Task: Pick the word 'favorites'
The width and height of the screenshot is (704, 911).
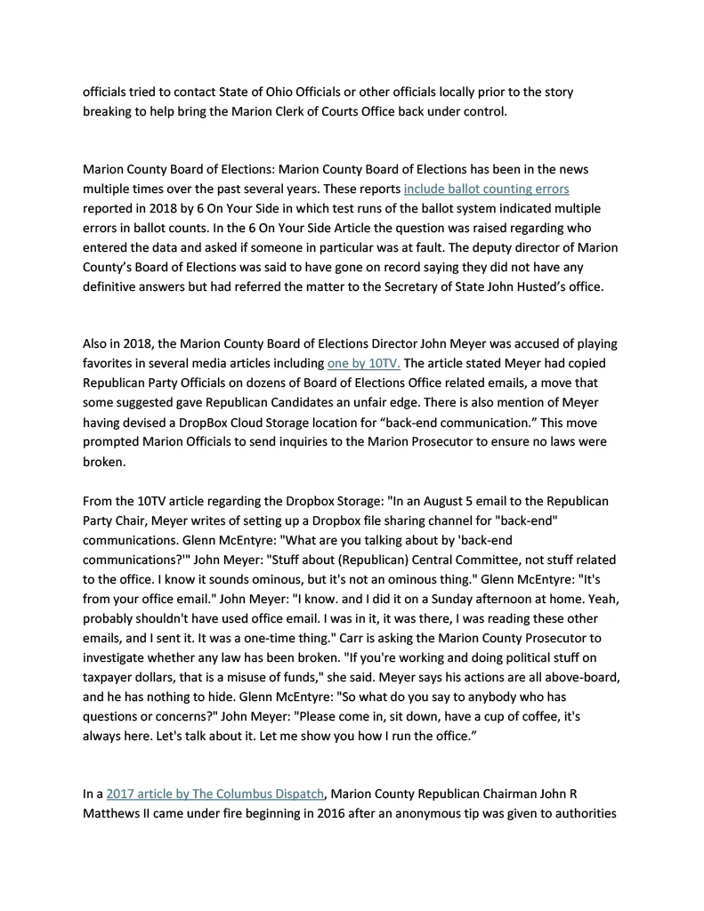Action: pyautogui.click(x=111, y=363)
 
